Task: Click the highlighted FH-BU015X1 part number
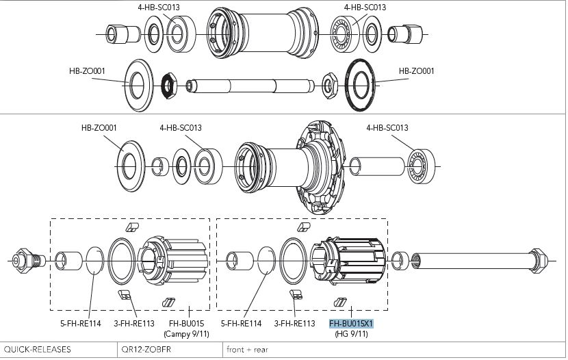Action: click(x=352, y=324)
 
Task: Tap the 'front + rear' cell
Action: click(x=248, y=349)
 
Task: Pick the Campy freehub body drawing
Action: click(x=174, y=261)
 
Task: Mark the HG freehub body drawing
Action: click(x=349, y=261)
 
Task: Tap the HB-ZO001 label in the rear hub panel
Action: click(x=99, y=127)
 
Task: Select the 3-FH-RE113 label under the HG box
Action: click(x=294, y=324)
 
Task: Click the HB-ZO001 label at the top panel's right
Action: click(x=416, y=70)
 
